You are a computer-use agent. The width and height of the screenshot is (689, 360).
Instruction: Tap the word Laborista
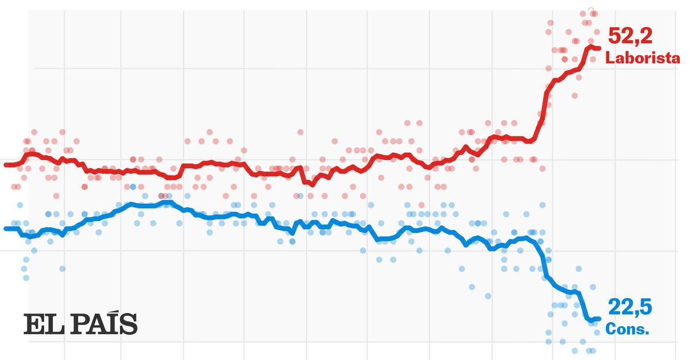pos(642,58)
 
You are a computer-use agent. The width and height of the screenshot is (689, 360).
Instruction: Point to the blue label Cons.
pos(628,330)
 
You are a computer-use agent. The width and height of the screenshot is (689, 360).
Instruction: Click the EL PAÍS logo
pos(80,324)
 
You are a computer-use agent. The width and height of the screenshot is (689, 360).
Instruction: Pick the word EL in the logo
pos(38,324)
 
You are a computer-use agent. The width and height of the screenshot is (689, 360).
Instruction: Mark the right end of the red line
pos(599,48)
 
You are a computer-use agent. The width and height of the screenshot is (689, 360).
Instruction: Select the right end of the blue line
pos(599,319)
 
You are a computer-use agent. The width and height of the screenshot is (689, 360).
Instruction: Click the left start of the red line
pos(6,165)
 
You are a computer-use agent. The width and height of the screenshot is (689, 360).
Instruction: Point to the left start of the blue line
pos(6,229)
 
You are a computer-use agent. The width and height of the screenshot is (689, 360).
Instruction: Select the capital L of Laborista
pos(609,58)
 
